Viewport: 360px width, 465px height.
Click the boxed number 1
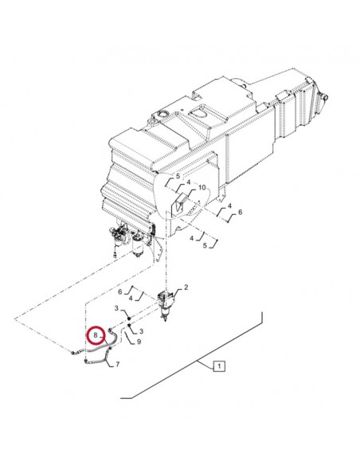(219, 366)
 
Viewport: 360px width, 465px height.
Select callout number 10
(202, 187)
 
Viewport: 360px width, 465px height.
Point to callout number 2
(186, 287)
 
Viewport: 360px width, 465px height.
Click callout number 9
(139, 342)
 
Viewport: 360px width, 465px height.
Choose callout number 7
(117, 364)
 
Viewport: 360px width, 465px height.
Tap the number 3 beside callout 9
(141, 331)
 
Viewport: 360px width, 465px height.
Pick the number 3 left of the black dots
(116, 308)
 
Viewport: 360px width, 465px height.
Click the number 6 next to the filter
(119, 291)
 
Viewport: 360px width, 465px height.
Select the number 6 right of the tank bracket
(240, 212)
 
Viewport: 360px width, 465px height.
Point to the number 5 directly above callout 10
(178, 176)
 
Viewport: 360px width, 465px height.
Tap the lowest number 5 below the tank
(205, 245)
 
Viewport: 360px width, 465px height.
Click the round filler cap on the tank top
(164, 114)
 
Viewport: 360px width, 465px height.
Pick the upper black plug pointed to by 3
(129, 318)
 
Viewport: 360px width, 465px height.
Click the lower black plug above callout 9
(130, 326)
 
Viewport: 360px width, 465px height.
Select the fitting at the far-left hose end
(72, 352)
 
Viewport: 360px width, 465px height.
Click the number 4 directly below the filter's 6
(131, 299)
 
